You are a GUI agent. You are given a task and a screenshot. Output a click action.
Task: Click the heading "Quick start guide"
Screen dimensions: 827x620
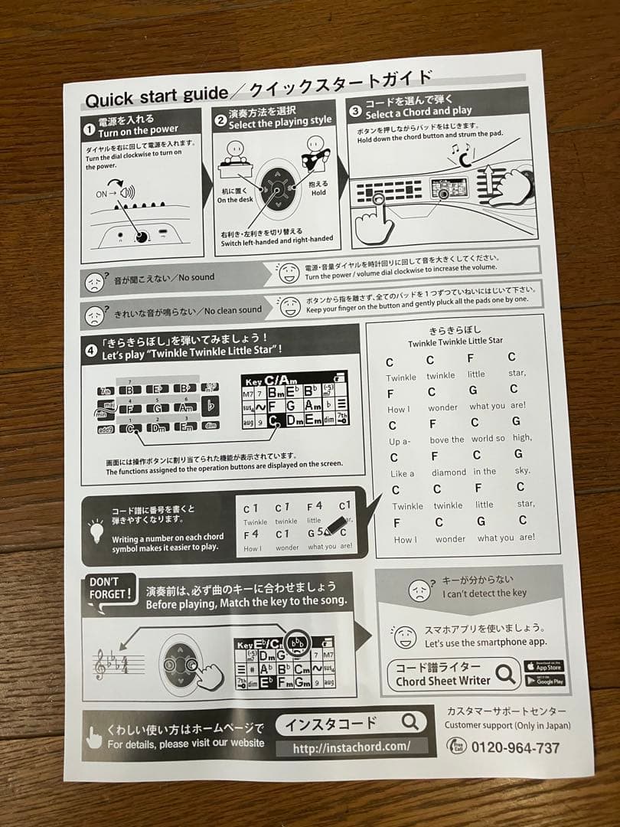(x=155, y=98)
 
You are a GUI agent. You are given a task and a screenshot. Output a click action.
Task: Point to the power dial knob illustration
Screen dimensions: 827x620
(x=141, y=237)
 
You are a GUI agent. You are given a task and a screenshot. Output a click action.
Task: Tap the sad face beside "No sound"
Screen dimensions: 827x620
(x=94, y=283)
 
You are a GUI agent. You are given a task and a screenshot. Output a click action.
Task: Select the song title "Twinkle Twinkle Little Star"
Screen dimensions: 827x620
(x=455, y=342)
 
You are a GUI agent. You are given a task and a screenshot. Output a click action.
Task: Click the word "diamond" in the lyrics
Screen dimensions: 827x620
(x=449, y=472)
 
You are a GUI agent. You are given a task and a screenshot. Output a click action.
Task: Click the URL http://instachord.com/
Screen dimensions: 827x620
(x=351, y=747)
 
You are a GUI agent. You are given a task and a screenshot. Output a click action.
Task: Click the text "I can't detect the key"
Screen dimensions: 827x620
(x=484, y=593)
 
